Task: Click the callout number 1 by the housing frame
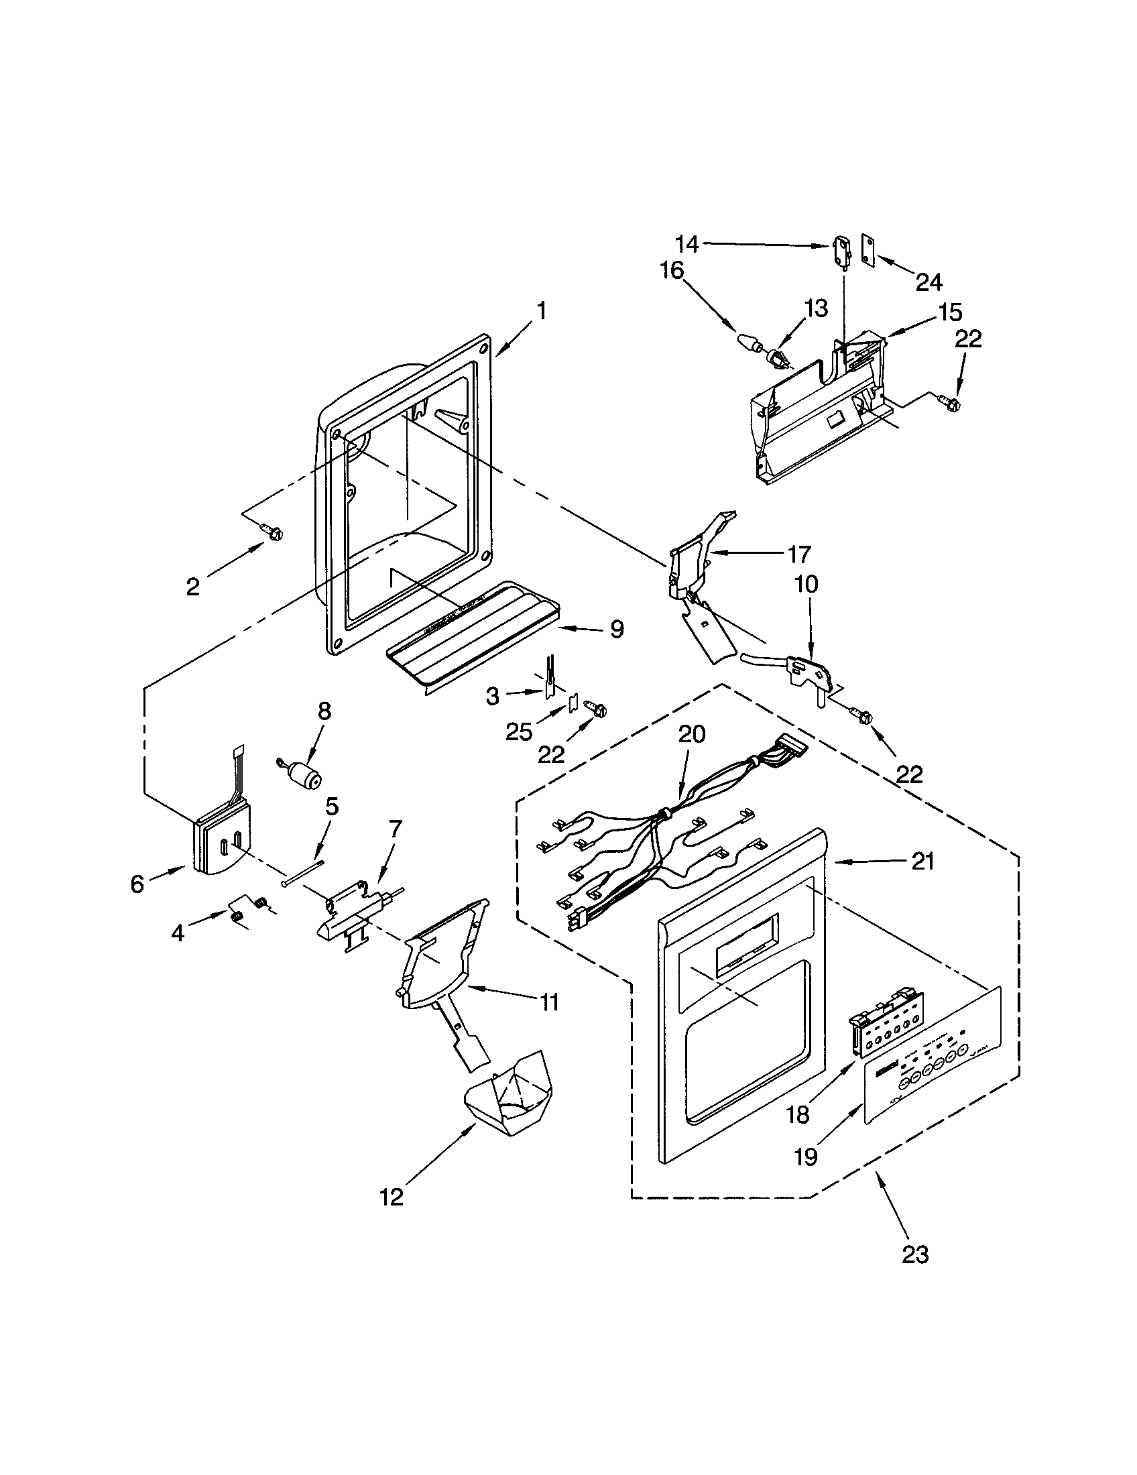(x=540, y=311)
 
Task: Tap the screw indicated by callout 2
(x=274, y=533)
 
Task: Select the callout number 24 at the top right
(x=929, y=282)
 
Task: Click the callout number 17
(x=798, y=554)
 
